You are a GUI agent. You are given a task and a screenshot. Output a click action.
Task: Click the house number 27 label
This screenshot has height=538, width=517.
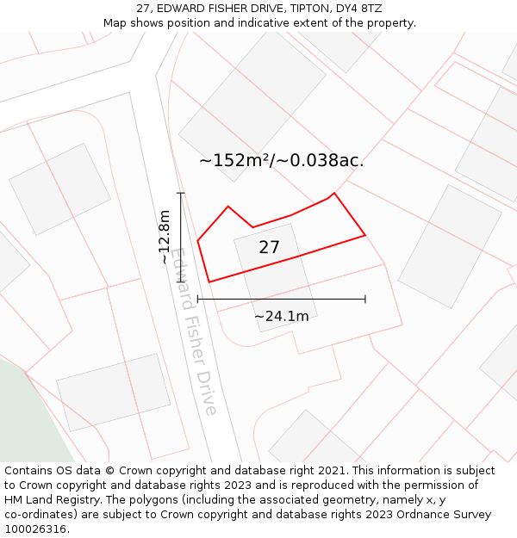pyautogui.click(x=269, y=248)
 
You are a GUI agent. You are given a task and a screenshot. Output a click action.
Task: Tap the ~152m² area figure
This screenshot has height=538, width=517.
pyautogui.click(x=234, y=160)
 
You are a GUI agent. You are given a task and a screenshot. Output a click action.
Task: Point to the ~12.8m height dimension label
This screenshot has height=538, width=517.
pyautogui.click(x=165, y=237)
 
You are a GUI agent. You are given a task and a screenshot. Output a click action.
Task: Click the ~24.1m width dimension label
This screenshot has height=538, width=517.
pyautogui.click(x=281, y=317)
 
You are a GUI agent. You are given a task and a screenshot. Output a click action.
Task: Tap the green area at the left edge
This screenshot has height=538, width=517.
pyautogui.click(x=26, y=413)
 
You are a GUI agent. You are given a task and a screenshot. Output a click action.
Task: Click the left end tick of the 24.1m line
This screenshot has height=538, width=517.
pyautogui.click(x=198, y=299)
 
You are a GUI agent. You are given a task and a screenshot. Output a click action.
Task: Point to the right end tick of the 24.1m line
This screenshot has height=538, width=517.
pyautogui.click(x=365, y=299)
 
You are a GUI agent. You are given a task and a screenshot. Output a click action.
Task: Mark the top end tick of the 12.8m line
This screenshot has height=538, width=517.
pyautogui.click(x=181, y=194)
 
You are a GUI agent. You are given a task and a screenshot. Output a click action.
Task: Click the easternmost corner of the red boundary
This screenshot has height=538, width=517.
pyautogui.click(x=365, y=234)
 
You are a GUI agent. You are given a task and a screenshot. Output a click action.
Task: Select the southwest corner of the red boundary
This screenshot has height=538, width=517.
pyautogui.click(x=209, y=281)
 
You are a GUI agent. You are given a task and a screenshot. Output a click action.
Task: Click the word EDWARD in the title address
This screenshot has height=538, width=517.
pyautogui.click(x=180, y=9)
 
